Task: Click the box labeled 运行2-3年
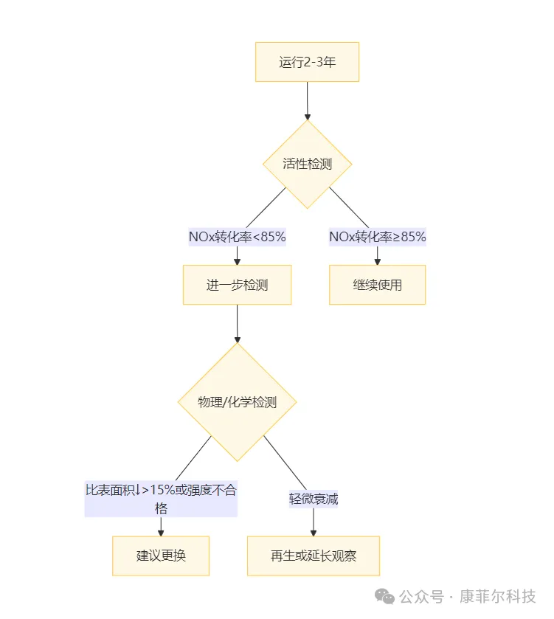point(307,62)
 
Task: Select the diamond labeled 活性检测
point(307,164)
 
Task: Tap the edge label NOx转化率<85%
point(237,237)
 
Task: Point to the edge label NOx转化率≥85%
point(378,237)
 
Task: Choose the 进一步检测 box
point(237,285)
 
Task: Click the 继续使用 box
point(377,285)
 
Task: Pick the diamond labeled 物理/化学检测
point(237,402)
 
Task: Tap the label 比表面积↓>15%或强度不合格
point(161,499)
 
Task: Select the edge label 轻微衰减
point(314,499)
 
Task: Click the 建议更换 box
point(161,556)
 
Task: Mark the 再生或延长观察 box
point(313,556)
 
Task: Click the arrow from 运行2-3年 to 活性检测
point(307,100)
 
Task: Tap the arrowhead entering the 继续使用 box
point(378,260)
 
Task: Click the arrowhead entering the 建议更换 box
point(161,531)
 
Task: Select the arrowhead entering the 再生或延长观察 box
point(314,531)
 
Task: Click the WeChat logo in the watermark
point(385,596)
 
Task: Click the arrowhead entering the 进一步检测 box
point(237,260)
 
